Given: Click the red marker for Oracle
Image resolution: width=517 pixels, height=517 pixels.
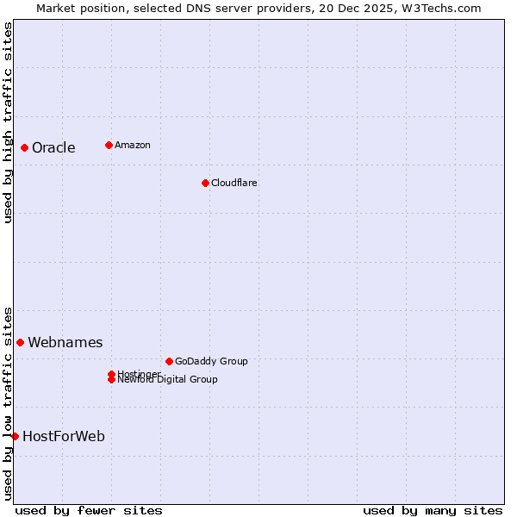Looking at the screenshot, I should [x=24, y=147].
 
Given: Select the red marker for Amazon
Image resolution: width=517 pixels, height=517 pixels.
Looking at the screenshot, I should [x=109, y=145].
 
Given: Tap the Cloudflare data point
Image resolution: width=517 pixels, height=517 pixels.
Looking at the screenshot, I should [x=205, y=183].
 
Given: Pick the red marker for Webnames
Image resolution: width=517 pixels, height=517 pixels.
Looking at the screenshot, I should [x=20, y=342].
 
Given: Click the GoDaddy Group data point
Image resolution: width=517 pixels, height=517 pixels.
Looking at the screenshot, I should [x=169, y=361].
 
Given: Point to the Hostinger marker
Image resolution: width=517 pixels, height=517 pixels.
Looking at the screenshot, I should [x=111, y=374].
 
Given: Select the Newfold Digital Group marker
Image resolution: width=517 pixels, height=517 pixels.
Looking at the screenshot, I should [x=111, y=380].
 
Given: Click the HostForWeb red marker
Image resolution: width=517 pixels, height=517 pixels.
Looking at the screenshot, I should [x=15, y=436].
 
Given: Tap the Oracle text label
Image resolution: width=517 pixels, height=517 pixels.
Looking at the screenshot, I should [x=53, y=147].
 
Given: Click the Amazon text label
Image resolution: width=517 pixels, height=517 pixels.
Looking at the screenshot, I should [x=133, y=145].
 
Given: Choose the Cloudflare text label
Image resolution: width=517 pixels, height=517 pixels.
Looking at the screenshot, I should [x=234, y=183].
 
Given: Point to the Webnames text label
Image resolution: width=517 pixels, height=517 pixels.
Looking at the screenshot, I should [x=65, y=342].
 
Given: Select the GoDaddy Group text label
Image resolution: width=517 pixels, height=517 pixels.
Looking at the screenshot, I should [x=211, y=361].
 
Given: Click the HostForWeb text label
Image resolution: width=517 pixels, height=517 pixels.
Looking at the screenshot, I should [x=64, y=436].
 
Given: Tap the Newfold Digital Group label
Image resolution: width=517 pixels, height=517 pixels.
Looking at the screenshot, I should [x=168, y=380].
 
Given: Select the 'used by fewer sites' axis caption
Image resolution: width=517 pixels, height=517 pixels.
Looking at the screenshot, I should [x=89, y=510].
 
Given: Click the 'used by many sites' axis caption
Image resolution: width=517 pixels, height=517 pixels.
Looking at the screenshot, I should [x=433, y=510].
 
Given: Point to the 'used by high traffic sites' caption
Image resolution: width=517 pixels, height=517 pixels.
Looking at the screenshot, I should [x=8, y=122].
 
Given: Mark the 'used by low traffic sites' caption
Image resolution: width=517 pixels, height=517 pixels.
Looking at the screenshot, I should [x=8, y=402].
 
